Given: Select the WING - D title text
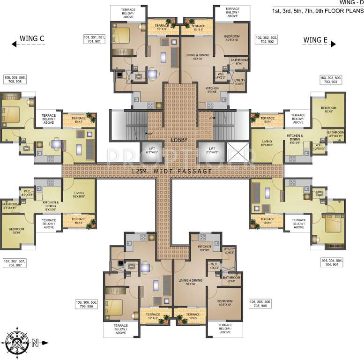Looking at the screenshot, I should [351, 2].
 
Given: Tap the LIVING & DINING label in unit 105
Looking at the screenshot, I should [190, 282].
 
